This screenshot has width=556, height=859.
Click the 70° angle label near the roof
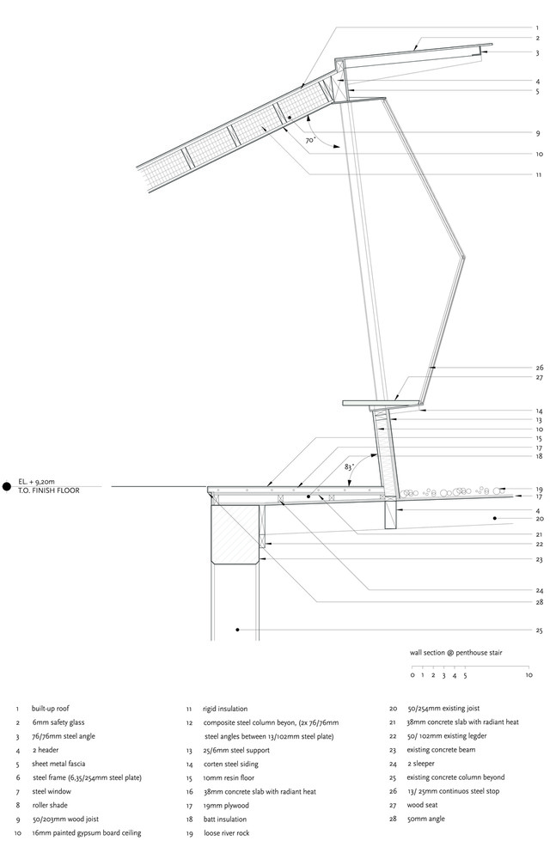(310, 140)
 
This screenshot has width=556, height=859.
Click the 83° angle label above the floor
(349, 467)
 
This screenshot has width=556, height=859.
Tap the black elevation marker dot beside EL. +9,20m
(7, 486)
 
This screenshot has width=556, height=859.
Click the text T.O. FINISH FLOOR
(49, 490)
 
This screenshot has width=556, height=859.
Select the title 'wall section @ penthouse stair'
(455, 653)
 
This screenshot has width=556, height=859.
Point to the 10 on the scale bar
(529, 675)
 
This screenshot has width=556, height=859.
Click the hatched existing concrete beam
(235, 534)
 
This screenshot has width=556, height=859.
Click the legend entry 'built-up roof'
(51, 709)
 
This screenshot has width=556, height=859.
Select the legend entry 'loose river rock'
(227, 833)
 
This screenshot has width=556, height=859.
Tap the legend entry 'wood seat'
(422, 806)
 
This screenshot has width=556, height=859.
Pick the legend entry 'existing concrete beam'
(441, 750)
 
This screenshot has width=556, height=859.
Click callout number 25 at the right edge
(539, 631)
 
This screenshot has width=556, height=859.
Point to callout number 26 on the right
(540, 369)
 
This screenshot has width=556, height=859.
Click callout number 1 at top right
(537, 28)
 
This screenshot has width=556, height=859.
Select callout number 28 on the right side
(540, 603)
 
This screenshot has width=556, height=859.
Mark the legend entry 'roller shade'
(50, 806)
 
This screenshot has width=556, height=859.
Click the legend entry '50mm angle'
(426, 819)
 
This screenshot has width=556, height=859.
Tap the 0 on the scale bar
(412, 675)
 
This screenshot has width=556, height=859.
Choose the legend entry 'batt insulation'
(225, 819)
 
